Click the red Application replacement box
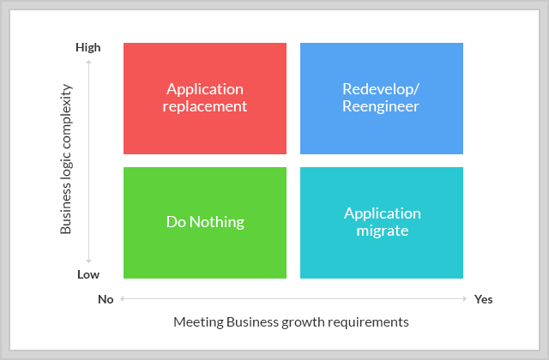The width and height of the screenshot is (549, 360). (x=205, y=99)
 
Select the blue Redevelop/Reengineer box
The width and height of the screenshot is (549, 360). (x=382, y=99)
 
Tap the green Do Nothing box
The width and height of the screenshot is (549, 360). (x=205, y=223)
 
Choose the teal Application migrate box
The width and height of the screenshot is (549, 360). (x=382, y=223)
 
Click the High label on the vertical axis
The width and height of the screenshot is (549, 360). (x=88, y=48)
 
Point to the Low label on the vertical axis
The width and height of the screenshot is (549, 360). (x=88, y=274)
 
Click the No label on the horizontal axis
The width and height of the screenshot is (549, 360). (x=106, y=299)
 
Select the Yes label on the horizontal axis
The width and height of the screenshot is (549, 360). (x=484, y=299)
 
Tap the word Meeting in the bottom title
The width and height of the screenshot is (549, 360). (x=198, y=322)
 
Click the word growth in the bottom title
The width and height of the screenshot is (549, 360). (x=303, y=322)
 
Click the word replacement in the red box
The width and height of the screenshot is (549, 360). (x=205, y=106)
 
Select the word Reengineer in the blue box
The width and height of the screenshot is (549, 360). (x=381, y=106)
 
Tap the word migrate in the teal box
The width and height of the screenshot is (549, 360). (x=383, y=231)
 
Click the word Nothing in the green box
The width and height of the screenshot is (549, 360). (x=217, y=222)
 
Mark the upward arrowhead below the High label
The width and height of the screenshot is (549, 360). (x=88, y=62)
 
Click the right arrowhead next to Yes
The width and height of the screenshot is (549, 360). (x=465, y=299)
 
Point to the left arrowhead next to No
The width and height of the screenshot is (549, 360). (x=122, y=299)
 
